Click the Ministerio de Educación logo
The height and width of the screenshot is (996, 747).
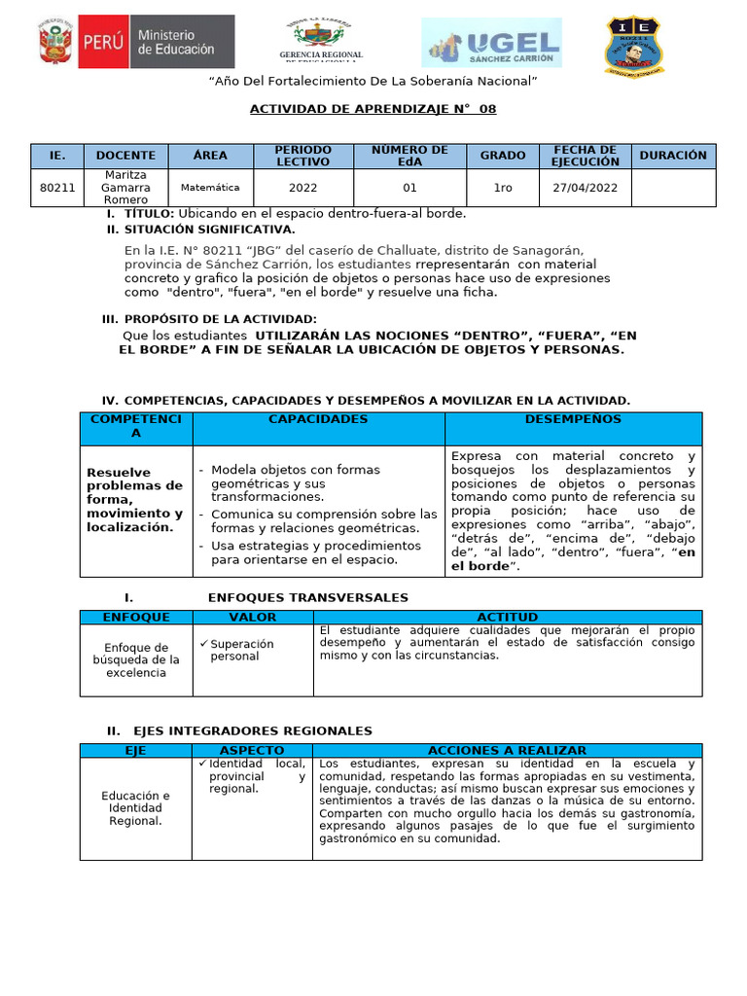(135, 41)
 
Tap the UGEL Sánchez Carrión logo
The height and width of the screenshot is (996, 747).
(492, 44)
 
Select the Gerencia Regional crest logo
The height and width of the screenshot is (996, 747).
(320, 41)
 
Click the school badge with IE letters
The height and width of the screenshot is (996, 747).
(637, 45)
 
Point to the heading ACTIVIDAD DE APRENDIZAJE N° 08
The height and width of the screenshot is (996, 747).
(373, 109)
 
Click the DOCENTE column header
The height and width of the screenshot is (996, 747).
(125, 156)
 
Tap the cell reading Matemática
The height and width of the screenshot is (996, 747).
(209, 188)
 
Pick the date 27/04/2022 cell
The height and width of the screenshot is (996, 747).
(586, 188)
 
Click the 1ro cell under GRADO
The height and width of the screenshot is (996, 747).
(502, 188)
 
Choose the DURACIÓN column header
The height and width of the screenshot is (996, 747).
(673, 156)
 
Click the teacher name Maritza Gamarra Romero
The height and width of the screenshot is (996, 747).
(125, 188)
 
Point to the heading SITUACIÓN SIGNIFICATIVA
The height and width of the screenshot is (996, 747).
(209, 230)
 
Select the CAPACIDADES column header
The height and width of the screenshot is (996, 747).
(318, 419)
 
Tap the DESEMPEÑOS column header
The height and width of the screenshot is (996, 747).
(573, 419)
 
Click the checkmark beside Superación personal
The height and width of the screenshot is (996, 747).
(204, 643)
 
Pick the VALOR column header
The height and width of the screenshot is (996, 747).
(252, 617)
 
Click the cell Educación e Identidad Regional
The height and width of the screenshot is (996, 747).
(136, 808)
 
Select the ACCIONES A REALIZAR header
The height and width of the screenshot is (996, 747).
(507, 751)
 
